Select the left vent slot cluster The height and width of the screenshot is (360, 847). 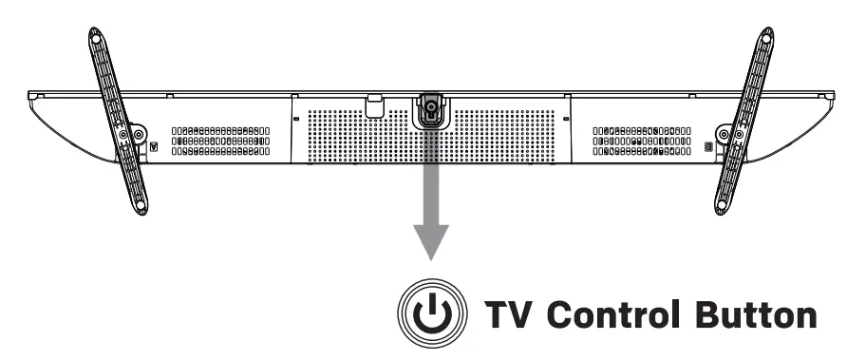(x=221, y=141)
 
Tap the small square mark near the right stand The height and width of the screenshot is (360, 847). (x=707, y=146)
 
